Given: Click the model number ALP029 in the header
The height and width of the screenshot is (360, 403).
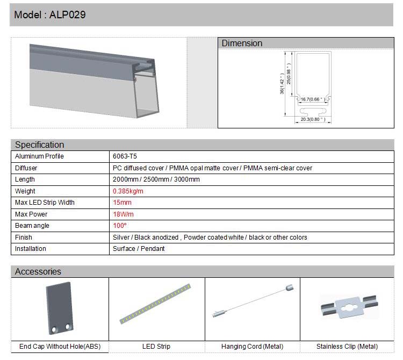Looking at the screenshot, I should coord(67,15).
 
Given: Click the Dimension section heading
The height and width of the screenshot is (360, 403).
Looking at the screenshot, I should coord(242,43).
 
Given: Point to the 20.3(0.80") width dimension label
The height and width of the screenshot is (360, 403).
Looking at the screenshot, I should coord(312,119).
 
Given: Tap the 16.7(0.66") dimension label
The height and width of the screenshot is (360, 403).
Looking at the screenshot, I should coord(312,99).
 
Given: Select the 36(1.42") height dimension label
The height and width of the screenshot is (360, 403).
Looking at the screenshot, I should coord(282,84).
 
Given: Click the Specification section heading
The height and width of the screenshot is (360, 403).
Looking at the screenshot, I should coord(39,145).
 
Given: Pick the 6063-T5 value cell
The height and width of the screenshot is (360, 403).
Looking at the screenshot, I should coord(125,156).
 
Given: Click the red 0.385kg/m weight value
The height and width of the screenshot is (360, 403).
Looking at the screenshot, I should coord(128,191).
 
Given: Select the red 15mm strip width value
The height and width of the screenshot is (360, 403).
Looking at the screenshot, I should coord(122,203).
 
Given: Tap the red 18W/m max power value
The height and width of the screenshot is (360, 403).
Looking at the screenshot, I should coord(123,214).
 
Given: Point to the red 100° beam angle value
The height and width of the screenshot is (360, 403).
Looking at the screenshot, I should coord(119,226).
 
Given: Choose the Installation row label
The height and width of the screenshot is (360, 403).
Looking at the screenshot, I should coord(31,249).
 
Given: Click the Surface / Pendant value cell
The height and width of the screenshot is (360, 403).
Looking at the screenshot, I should coord(139,249).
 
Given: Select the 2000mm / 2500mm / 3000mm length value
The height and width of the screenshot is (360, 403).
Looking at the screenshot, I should coord(156,179).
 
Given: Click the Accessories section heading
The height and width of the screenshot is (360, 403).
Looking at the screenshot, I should coord(38,271).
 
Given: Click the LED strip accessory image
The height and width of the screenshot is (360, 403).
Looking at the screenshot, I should coord(155,304).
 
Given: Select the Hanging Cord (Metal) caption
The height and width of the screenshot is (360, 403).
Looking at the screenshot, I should coord(252,347).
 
